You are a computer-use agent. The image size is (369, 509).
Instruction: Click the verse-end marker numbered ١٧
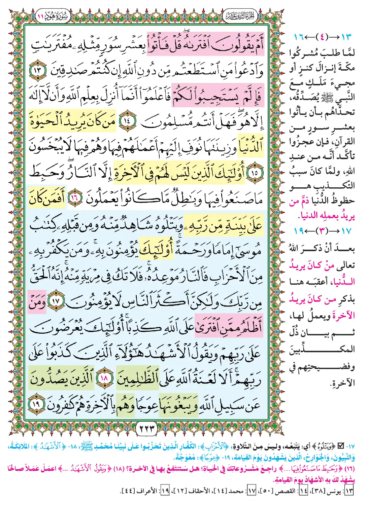tap(56, 301)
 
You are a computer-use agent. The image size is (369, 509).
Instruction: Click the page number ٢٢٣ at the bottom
tap(147, 429)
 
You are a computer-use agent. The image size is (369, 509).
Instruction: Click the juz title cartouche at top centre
tap(240, 16)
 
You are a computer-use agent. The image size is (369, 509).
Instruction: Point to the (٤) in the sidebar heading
tap(322, 37)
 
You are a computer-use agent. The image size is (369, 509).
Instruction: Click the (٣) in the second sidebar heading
tap(322, 231)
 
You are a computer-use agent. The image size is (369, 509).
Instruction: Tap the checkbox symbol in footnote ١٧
tap(341, 446)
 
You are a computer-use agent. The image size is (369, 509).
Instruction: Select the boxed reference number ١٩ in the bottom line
tap(165, 491)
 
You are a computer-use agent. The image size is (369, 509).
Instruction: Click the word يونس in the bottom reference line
tap(336, 492)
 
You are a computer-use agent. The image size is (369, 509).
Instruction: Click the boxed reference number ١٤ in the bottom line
tap(303, 491)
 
